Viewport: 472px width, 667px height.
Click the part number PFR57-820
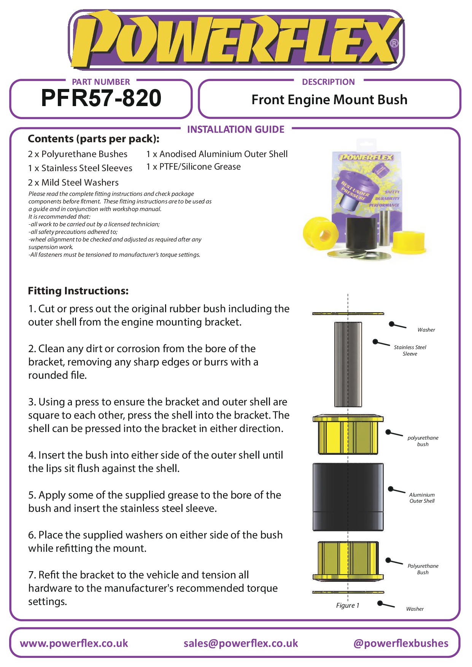coord(101,98)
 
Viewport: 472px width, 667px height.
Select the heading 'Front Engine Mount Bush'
coord(329,100)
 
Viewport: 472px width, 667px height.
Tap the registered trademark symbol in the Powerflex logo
coord(394,43)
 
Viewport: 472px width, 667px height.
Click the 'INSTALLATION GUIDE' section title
coord(236,130)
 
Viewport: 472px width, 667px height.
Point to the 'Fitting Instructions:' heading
coord(78,291)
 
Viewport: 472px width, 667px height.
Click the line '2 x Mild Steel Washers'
coord(73,183)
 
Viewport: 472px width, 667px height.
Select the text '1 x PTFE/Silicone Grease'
coord(194,167)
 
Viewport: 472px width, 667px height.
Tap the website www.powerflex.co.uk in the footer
coord(74,643)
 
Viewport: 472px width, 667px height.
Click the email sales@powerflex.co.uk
coord(240,643)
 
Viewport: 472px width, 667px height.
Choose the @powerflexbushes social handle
coord(400,643)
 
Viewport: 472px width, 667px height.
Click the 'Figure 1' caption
coord(347,605)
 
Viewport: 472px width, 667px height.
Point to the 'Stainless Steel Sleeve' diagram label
coord(410,350)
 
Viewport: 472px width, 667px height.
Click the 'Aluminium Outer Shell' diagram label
coord(422,498)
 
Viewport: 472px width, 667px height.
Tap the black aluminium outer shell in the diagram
coord(348,496)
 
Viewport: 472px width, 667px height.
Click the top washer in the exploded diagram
coord(348,313)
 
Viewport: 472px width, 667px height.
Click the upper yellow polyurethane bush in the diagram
coord(348,435)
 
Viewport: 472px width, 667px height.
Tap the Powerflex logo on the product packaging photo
coord(366,157)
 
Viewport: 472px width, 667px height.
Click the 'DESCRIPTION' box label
coord(328,82)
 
